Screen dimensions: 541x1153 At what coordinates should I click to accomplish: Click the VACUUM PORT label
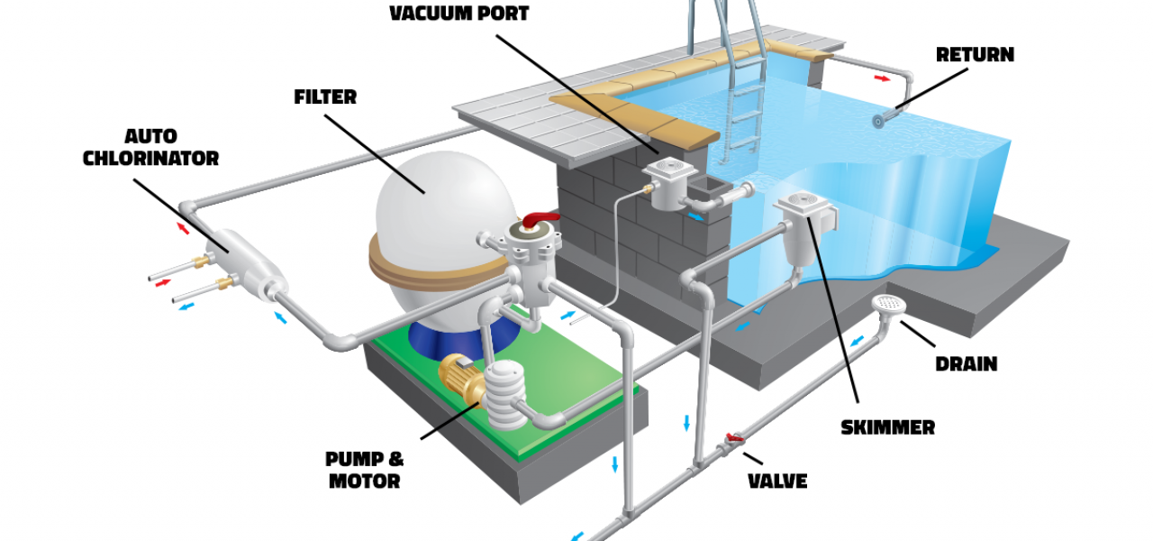pyautogui.click(x=458, y=14)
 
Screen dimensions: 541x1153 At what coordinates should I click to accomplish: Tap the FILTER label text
pyautogui.click(x=325, y=96)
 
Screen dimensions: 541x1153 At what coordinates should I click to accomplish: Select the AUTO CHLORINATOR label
pyautogui.click(x=150, y=148)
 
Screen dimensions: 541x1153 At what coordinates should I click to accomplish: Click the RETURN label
pyautogui.click(x=975, y=54)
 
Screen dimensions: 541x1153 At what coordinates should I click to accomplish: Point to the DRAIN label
pyautogui.click(x=966, y=364)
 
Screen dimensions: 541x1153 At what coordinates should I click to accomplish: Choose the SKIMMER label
pyautogui.click(x=887, y=427)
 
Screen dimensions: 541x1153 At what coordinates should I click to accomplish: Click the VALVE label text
pyautogui.click(x=777, y=481)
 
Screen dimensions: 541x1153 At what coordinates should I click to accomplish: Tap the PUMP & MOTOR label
pyautogui.click(x=364, y=471)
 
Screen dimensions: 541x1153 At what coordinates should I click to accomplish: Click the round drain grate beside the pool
pyautogui.click(x=889, y=305)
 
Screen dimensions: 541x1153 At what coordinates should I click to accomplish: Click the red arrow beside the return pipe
pyautogui.click(x=885, y=78)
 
